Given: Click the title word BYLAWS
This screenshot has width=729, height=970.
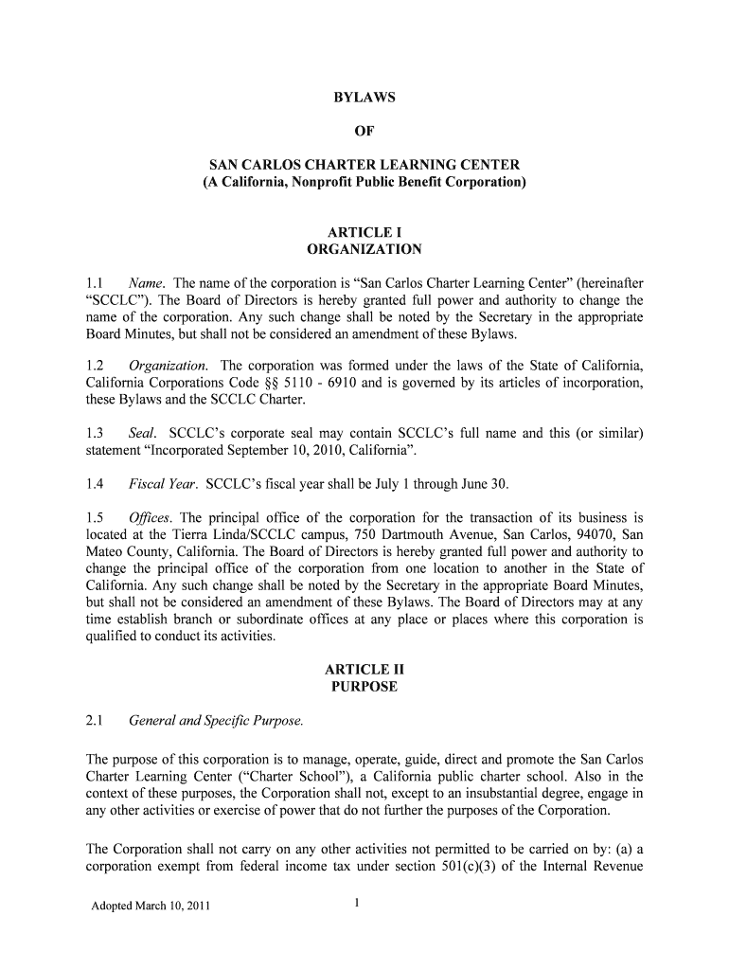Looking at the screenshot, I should click(364, 98).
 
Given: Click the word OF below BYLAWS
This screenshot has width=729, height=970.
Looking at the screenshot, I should click(364, 132).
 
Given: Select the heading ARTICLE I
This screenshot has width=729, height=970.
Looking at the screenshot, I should click(364, 232).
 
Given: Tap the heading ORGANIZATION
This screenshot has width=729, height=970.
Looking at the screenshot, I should click(364, 250).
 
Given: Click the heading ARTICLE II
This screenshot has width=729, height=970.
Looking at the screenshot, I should click(364, 669).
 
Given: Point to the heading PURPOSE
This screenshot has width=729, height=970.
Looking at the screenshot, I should click(364, 687).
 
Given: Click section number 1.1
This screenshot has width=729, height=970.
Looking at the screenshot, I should click(94, 282).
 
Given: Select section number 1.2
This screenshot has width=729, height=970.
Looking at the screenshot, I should click(94, 366).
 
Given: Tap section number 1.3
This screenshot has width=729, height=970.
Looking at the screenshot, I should click(94, 433).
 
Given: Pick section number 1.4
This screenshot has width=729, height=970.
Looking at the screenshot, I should click(94, 484).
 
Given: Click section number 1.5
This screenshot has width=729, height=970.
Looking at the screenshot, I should click(94, 517).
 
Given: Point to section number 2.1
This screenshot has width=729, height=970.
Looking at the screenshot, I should click(94, 721).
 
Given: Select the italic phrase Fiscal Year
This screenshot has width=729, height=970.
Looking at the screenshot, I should click(162, 484).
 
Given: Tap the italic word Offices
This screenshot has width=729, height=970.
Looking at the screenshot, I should click(151, 517).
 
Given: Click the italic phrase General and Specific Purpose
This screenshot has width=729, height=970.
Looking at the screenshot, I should click(216, 721).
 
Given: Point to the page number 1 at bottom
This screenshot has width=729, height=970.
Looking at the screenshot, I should click(356, 903).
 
